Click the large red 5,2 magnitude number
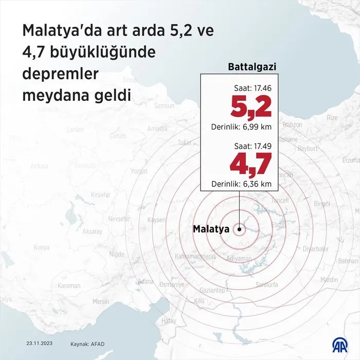point(250,107)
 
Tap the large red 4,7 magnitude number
point(250,165)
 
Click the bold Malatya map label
point(211,229)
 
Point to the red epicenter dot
point(240,229)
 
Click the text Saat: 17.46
point(253,88)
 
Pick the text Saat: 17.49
point(253,146)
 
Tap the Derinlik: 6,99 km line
point(241,127)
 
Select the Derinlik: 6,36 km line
point(241,184)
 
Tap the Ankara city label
point(39,166)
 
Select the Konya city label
point(41,248)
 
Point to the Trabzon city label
point(292,124)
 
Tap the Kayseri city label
point(156,220)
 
